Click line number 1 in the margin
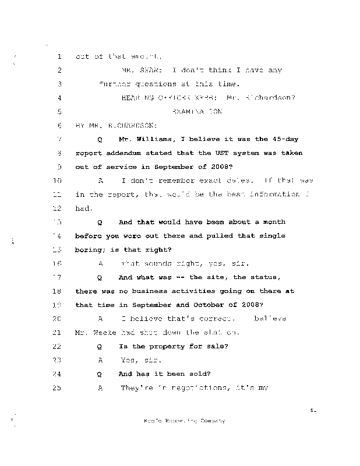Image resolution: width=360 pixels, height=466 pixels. tap(59, 57)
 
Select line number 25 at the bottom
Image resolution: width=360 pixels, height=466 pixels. tap(57, 388)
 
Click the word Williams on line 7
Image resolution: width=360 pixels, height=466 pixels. tap(151, 139)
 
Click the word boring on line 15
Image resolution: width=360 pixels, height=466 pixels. tap(90, 249)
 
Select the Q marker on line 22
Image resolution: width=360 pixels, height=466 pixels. tap(100, 347)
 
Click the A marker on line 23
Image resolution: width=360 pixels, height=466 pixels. tap(100, 360)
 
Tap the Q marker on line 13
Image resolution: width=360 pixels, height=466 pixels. tap(100, 222)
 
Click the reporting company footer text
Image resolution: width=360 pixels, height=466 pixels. tap(184, 421)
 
